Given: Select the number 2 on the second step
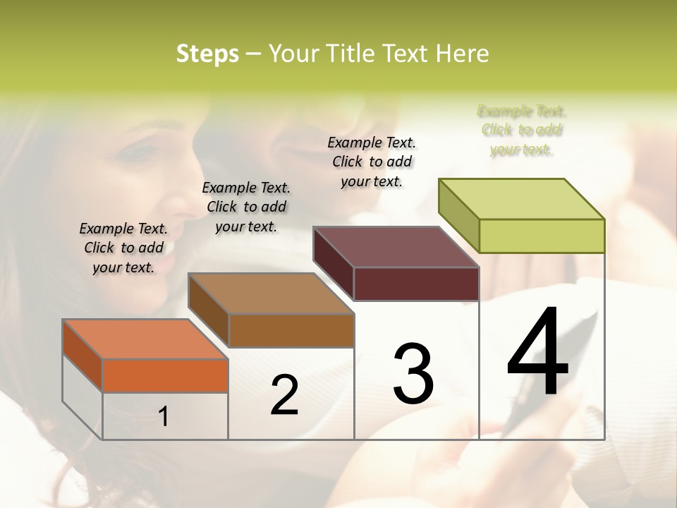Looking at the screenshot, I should [x=284, y=395].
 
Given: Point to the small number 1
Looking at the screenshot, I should [x=164, y=417].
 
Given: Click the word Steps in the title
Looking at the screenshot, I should [x=207, y=54].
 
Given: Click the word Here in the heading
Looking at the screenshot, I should [x=463, y=54].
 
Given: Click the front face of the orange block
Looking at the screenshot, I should [x=165, y=375].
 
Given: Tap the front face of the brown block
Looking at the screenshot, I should [x=291, y=330].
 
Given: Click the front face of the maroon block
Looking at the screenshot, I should [x=416, y=284].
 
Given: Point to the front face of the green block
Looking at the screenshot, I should [x=542, y=236].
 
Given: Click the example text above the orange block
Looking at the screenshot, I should [x=123, y=248].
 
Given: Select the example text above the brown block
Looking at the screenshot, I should [x=246, y=207].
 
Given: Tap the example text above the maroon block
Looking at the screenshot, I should [x=372, y=162].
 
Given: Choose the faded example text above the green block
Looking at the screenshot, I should [x=522, y=130].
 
